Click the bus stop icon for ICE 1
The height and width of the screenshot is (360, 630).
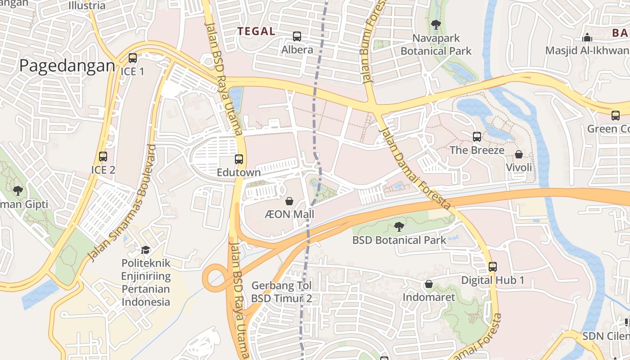132,58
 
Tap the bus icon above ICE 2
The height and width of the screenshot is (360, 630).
103,157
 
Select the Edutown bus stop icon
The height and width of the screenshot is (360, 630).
239,159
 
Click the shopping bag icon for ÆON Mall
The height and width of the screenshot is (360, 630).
289,201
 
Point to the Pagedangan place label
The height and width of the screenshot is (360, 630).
67,66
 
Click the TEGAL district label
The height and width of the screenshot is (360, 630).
256,31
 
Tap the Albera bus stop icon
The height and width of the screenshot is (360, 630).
297,36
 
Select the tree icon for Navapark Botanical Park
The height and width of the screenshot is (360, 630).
435,24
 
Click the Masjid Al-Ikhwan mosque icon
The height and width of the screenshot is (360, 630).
587,37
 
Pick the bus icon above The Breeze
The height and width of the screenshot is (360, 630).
477,136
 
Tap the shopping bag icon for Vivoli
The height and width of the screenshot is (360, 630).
519,154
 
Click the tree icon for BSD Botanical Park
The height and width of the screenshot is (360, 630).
399,226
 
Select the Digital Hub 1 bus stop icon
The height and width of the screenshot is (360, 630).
493,266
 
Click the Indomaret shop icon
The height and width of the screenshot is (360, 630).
428,284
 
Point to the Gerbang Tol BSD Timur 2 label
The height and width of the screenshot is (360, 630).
282,292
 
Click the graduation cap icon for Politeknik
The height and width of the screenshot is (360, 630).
145,250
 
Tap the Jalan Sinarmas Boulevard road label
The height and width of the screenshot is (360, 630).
121,202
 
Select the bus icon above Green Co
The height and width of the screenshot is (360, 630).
616,115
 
